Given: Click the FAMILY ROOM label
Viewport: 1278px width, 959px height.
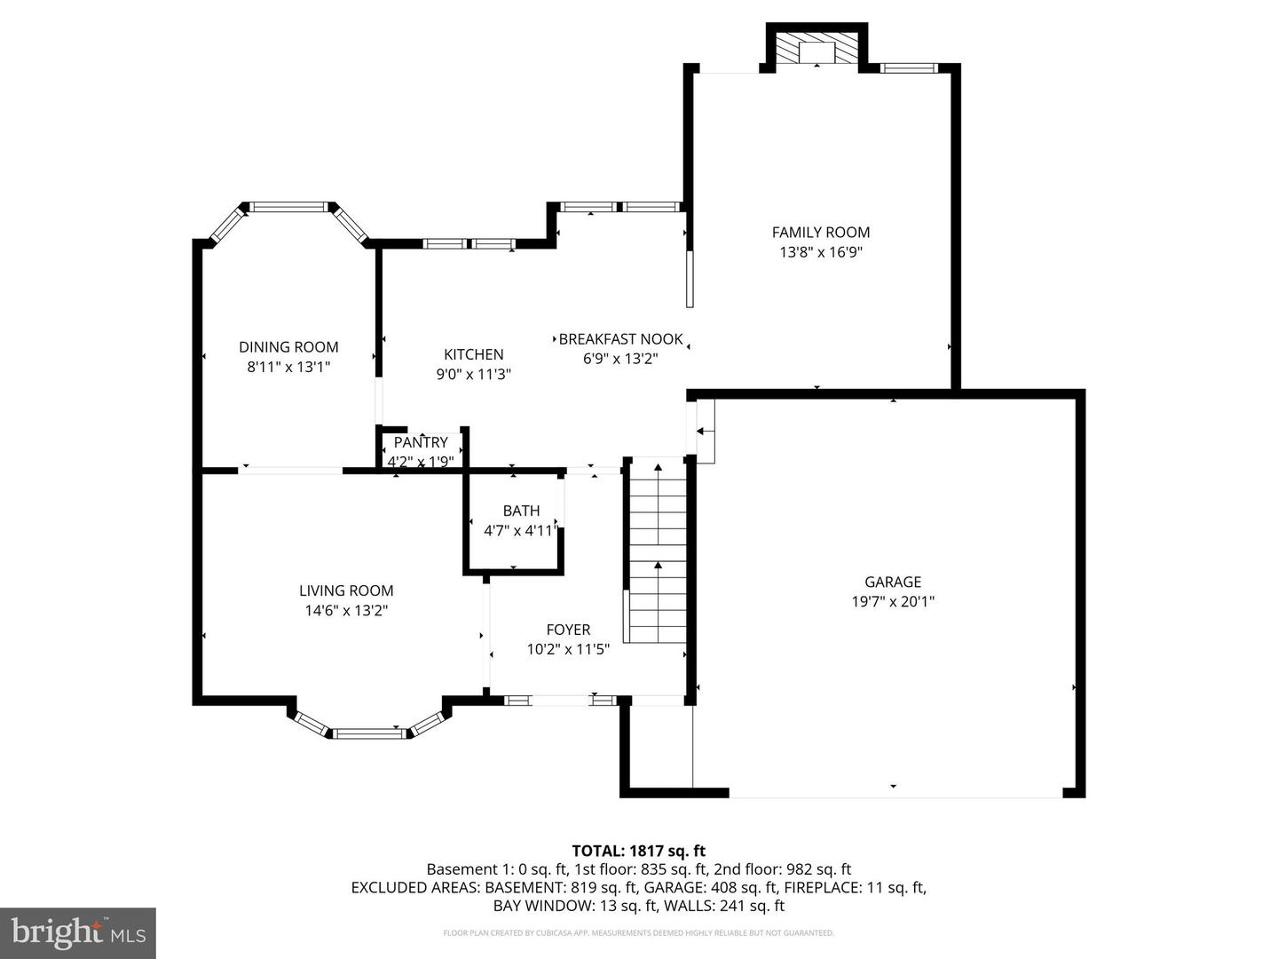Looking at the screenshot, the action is click(820, 233).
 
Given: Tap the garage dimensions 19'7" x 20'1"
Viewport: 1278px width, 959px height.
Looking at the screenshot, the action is click(893, 601).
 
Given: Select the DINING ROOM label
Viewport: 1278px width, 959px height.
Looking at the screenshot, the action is click(288, 347).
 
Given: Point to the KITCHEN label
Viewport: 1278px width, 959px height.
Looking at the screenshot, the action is click(473, 354).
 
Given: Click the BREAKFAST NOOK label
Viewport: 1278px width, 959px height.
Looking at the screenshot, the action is click(620, 339).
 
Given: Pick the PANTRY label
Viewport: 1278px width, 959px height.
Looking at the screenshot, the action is click(421, 442).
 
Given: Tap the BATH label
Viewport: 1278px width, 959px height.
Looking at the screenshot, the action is click(521, 511).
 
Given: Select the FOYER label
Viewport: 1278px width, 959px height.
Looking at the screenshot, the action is click(568, 630).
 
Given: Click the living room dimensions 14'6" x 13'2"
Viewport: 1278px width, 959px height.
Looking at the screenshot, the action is click(346, 610).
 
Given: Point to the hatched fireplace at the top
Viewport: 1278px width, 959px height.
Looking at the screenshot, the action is click(816, 52).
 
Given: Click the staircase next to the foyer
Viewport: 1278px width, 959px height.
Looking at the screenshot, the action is click(658, 551).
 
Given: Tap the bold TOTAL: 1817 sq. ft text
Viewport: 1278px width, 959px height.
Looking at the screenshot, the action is click(639, 851).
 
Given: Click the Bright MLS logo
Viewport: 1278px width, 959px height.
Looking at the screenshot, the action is click(78, 932).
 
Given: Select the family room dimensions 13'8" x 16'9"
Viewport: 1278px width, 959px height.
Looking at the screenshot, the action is click(820, 252).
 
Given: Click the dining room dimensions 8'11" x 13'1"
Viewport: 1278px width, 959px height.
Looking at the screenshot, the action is click(288, 367).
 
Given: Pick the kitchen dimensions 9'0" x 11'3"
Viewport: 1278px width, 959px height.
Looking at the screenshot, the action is click(473, 374).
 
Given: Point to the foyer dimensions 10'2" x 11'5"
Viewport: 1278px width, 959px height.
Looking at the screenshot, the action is click(568, 648).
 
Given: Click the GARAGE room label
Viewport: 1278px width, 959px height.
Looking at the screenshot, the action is click(893, 582).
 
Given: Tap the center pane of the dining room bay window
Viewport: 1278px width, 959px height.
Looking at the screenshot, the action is click(288, 207).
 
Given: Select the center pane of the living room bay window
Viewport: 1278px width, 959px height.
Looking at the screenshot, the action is click(369, 733).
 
